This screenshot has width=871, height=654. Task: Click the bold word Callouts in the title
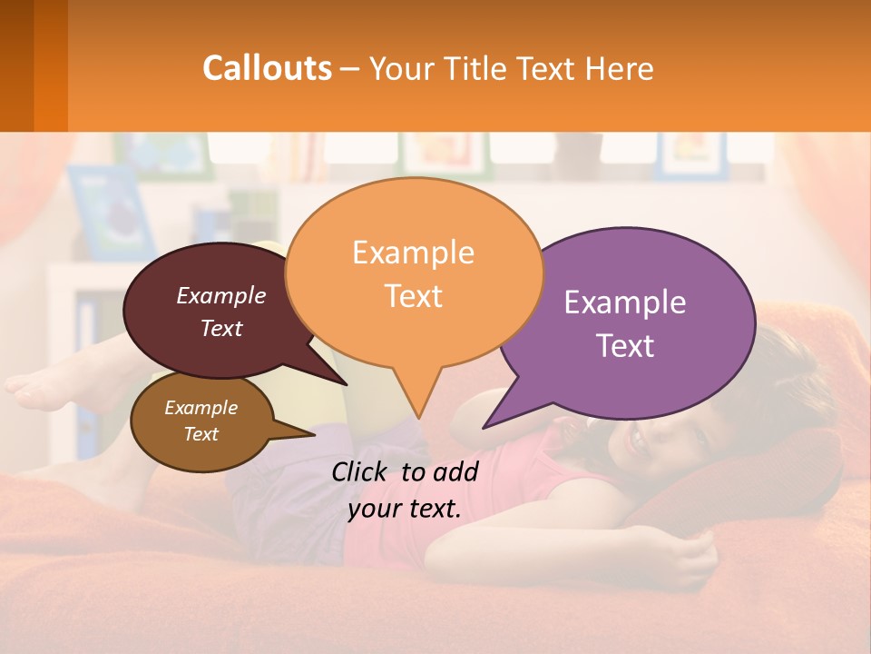pos(267,68)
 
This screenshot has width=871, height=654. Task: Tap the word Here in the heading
pos(620,68)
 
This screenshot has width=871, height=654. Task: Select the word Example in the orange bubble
pos(413,253)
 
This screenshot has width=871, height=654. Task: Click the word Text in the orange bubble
pos(413,296)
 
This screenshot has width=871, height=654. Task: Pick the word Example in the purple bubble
pos(625,302)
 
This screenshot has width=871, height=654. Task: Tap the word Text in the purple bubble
pos(625,346)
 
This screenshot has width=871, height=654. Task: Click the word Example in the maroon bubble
pos(220,295)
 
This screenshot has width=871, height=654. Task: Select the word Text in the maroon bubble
pos(220,328)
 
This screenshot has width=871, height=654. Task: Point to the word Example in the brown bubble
pos(201,408)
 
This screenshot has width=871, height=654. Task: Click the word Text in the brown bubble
pos(201,434)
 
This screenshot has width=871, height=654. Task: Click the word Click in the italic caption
pos(360,471)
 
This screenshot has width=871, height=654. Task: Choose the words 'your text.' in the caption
pos(404,509)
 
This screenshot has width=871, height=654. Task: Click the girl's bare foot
pos(36,391)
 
